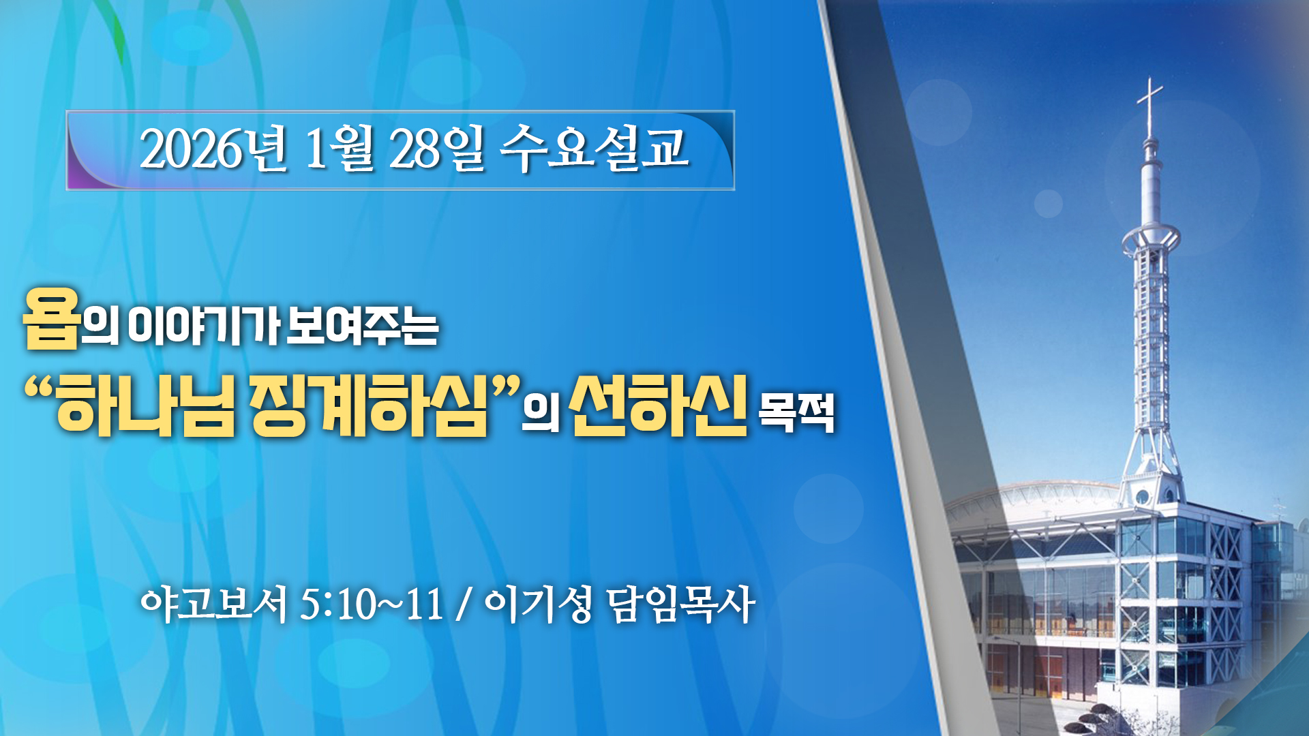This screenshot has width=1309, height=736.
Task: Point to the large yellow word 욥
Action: pos(52,318)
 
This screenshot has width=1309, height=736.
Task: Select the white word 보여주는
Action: pos(362,326)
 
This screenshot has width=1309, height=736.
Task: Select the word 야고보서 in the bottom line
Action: pos(214,604)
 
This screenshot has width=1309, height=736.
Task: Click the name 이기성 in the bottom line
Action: pos(538,604)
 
